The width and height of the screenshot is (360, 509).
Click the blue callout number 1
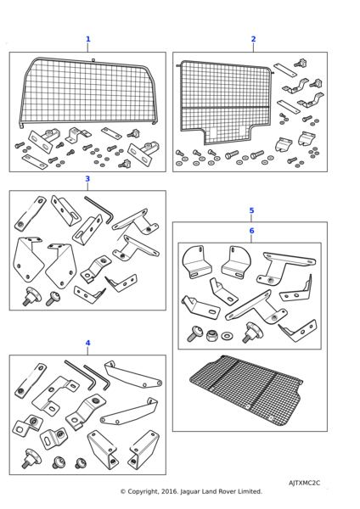pyautogui.click(x=87, y=39)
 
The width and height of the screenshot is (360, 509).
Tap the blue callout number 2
pyautogui.click(x=253, y=39)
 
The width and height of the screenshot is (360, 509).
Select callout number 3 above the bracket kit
pyautogui.click(x=87, y=179)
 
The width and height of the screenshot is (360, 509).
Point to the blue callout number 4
pyautogui.click(x=87, y=343)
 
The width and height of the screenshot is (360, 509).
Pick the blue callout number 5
pyautogui.click(x=251, y=210)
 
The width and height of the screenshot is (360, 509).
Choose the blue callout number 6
pyautogui.click(x=251, y=231)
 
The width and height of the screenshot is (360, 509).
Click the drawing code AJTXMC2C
pyautogui.click(x=304, y=483)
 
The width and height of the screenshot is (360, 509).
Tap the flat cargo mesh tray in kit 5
pyautogui.click(x=247, y=389)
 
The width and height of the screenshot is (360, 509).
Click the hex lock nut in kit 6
pyautogui.click(x=211, y=335)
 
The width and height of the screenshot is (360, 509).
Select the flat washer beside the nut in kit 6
pyautogui.click(x=227, y=336)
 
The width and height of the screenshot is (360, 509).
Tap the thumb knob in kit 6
pyautogui.click(x=253, y=332)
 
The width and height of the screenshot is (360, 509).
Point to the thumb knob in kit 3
pyautogui.click(x=31, y=296)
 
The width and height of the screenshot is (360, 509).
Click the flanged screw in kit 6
pyautogui.click(x=194, y=333)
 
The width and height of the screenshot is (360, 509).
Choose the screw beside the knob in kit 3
pyautogui.click(x=52, y=299)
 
